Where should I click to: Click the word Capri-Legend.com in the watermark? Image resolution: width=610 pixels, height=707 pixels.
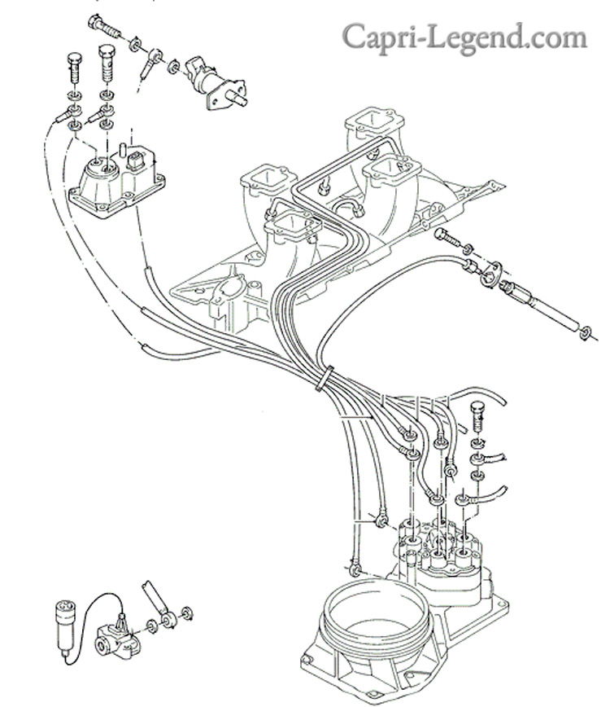pyautogui.click(x=464, y=37)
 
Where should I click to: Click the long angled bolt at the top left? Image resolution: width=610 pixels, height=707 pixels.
pyautogui.click(x=104, y=26)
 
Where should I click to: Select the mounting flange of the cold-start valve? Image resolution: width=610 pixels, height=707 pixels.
pyautogui.click(x=228, y=95)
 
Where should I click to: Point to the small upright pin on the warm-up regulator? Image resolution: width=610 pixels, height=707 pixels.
pyautogui.click(x=121, y=150)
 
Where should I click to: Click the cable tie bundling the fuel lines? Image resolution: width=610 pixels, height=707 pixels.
pyautogui.click(x=325, y=379)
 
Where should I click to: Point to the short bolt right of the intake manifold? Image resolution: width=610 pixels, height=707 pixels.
pyautogui.click(x=448, y=238)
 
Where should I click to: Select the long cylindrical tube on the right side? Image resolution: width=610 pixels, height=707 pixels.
pyautogui.click(x=540, y=305)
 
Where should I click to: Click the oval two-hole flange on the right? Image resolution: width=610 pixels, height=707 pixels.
pyautogui.click(x=491, y=273)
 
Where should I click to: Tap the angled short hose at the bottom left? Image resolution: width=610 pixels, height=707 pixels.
pyautogui.click(x=155, y=598)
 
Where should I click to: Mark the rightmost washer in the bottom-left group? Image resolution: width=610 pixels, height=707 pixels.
pyautogui.click(x=186, y=613)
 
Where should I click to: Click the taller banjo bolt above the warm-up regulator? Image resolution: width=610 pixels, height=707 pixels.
pyautogui.click(x=106, y=64)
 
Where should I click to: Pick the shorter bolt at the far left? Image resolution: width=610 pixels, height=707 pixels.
pyautogui.click(x=75, y=68)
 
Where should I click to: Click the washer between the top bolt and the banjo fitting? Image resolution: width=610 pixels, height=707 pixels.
pyautogui.click(x=134, y=45)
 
